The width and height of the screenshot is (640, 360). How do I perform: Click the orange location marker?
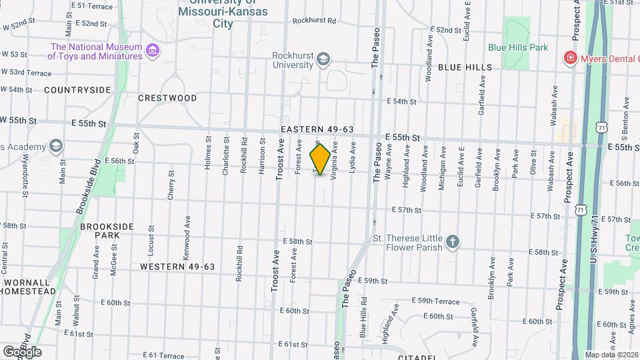coord(321,159)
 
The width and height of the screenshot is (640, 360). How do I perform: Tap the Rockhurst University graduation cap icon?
coord(323,59)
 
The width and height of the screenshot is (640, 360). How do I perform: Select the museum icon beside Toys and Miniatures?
coord(153,51)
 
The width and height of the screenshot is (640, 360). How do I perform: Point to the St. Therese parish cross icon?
coord(453,242)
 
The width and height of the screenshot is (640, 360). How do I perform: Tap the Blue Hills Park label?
coord(517,47)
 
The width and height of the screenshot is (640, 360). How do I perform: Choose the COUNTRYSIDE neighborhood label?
coord(77,89)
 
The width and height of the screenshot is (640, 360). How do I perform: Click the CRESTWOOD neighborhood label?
coord(167,98)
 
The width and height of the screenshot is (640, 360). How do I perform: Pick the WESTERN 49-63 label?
coord(177,266)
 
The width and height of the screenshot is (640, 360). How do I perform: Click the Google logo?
coord(22,351)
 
